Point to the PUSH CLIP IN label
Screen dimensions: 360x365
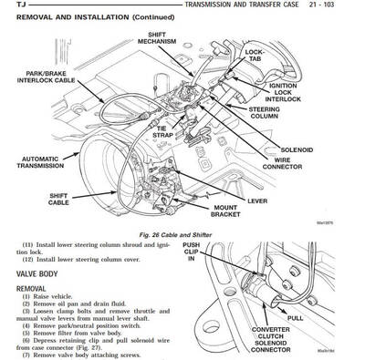[190, 252]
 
